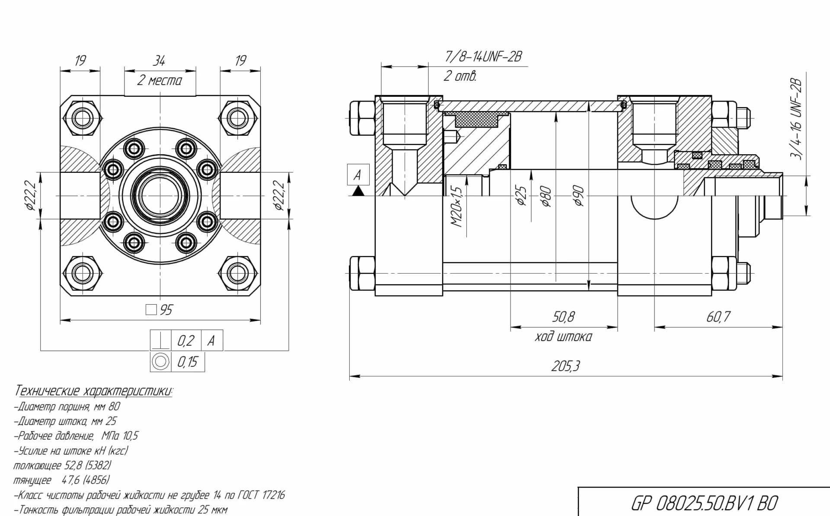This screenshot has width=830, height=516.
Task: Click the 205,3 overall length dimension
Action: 565,366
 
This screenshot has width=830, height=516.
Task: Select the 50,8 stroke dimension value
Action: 563,317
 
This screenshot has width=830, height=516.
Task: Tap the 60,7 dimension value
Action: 718,317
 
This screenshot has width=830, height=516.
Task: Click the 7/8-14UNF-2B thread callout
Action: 484,57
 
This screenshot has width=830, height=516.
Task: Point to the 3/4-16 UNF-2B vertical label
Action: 796,119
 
